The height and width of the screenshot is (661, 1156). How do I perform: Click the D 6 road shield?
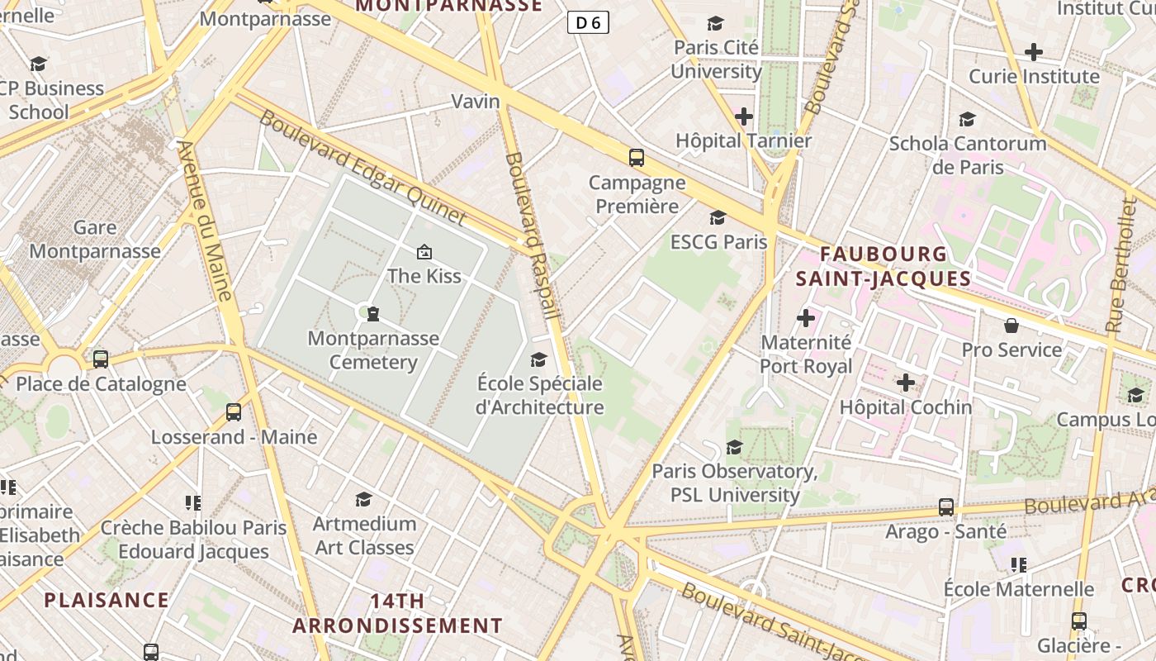pyautogui.click(x=588, y=22)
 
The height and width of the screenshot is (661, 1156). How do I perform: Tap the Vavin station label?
pyautogui.click(x=476, y=102)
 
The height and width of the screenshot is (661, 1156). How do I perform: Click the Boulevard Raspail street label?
pyautogui.click(x=533, y=235)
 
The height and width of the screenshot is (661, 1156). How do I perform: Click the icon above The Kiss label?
pyautogui.click(x=424, y=251)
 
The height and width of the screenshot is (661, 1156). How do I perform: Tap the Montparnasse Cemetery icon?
pyautogui.click(x=373, y=313)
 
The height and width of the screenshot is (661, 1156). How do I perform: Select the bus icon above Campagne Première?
pyautogui.click(x=636, y=157)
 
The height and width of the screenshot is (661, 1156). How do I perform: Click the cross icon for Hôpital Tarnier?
pyautogui.click(x=744, y=117)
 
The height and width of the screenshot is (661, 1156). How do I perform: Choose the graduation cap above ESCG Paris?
pyautogui.click(x=718, y=217)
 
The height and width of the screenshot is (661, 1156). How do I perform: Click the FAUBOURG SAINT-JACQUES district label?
pyautogui.click(x=884, y=266)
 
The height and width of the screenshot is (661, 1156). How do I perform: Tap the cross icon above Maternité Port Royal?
pyautogui.click(x=806, y=317)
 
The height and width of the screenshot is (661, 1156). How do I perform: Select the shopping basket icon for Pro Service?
pyautogui.click(x=1011, y=326)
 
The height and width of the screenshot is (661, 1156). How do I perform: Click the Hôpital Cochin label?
pyautogui.click(x=906, y=407)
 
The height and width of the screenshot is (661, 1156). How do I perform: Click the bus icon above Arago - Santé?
pyautogui.click(x=946, y=506)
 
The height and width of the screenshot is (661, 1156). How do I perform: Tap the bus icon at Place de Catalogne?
pyautogui.click(x=101, y=359)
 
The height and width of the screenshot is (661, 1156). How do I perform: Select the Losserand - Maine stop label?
pyautogui.click(x=234, y=437)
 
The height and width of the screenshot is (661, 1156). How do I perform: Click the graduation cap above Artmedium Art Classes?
pyautogui.click(x=363, y=499)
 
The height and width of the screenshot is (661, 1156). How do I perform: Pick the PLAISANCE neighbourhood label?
pyautogui.click(x=107, y=600)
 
